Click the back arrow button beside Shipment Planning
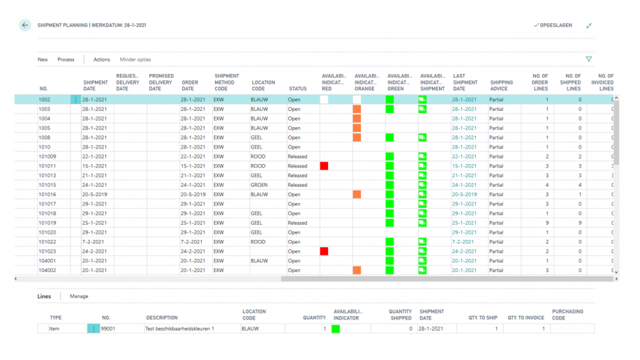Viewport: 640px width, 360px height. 25,25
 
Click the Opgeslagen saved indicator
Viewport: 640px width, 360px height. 553,25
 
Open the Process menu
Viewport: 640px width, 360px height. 66,59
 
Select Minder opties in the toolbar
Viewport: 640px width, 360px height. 135,59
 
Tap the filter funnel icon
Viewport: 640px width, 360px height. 589,59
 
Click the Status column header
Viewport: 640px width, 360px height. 298,89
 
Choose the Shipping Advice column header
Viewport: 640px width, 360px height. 501,85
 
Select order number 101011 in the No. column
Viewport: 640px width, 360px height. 48,166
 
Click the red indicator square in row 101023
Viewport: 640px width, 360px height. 324,251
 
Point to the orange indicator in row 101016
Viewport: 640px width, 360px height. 357,195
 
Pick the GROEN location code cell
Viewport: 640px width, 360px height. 260,185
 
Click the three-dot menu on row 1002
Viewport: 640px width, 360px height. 75,100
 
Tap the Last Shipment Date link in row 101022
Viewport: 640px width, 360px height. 463,242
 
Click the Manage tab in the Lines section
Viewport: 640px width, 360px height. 79,297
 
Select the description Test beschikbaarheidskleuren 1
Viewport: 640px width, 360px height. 179,329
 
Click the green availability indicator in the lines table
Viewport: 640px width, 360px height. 336,329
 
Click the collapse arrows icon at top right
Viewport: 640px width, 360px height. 589,25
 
